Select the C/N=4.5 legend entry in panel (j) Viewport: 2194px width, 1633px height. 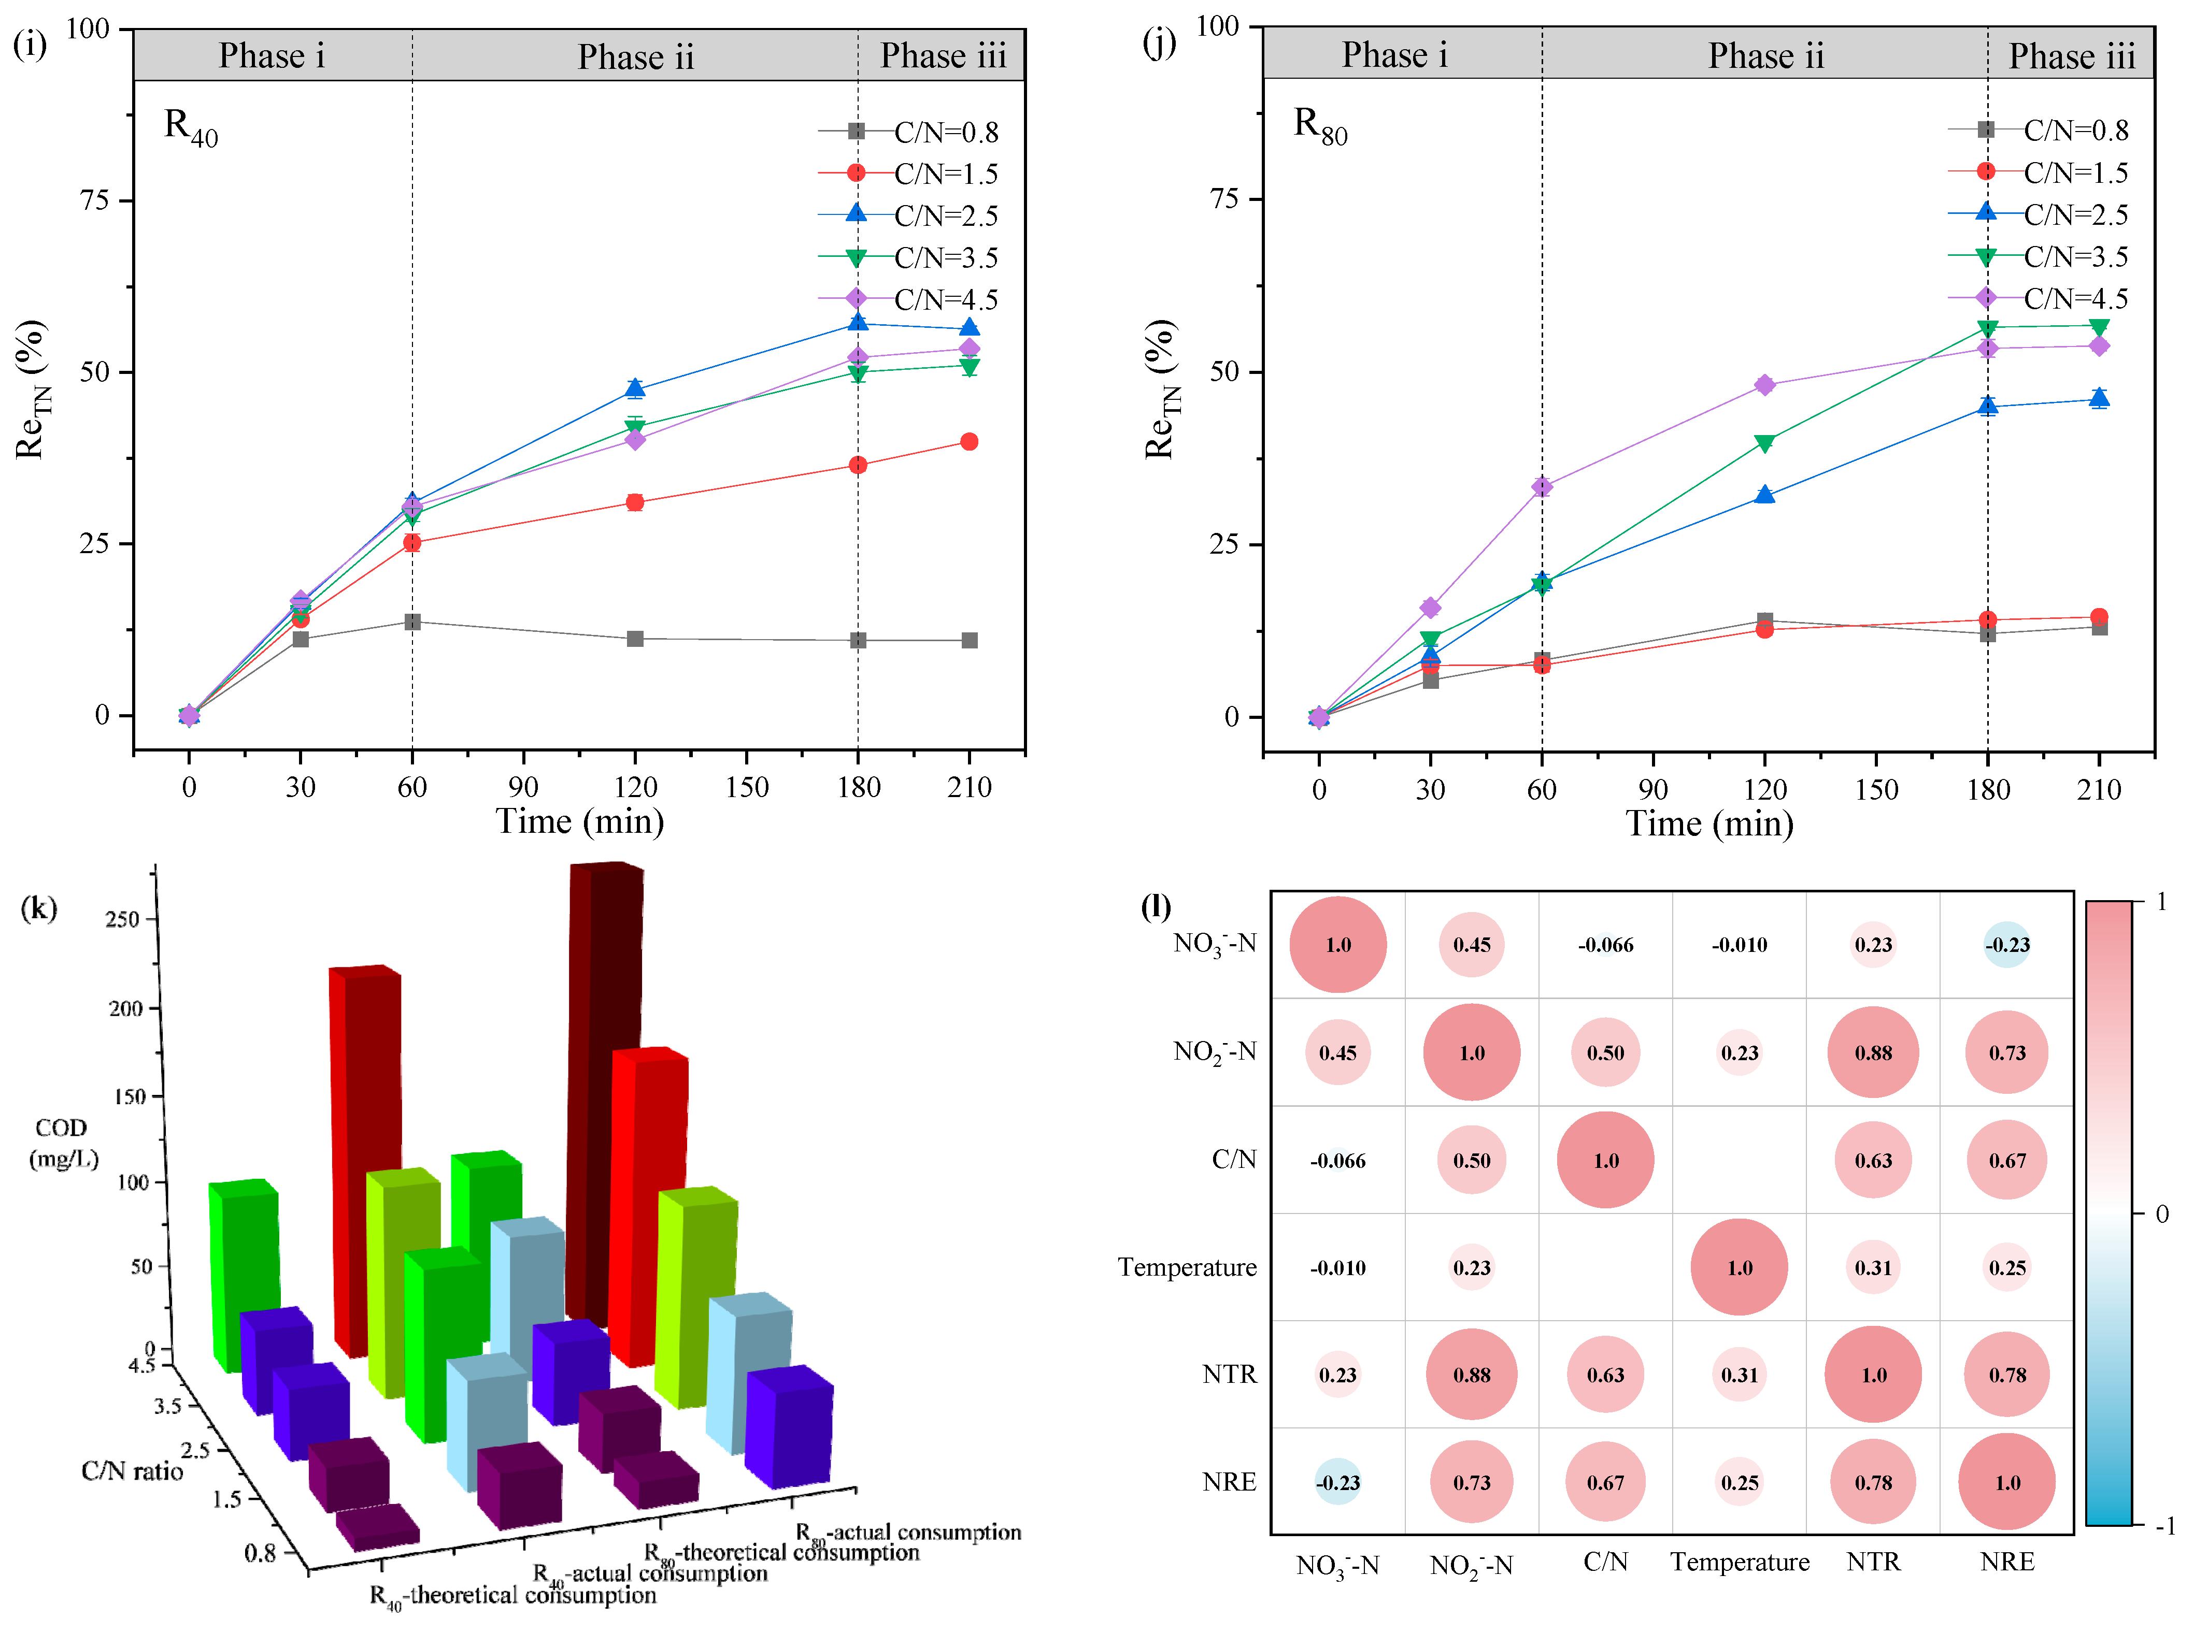pos(2074,298)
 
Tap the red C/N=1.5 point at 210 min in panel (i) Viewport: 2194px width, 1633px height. pos(969,442)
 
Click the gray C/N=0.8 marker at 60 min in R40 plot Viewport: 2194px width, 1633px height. pos(412,622)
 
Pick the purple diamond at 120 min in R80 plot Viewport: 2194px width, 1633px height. pos(1765,385)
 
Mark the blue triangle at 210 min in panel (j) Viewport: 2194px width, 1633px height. pos(2099,399)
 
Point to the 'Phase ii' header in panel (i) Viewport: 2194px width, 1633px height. pos(636,56)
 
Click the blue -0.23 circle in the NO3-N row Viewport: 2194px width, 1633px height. pos(2007,945)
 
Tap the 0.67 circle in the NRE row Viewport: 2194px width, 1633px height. pos(1606,1483)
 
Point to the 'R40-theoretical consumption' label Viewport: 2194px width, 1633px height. pos(512,1595)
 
